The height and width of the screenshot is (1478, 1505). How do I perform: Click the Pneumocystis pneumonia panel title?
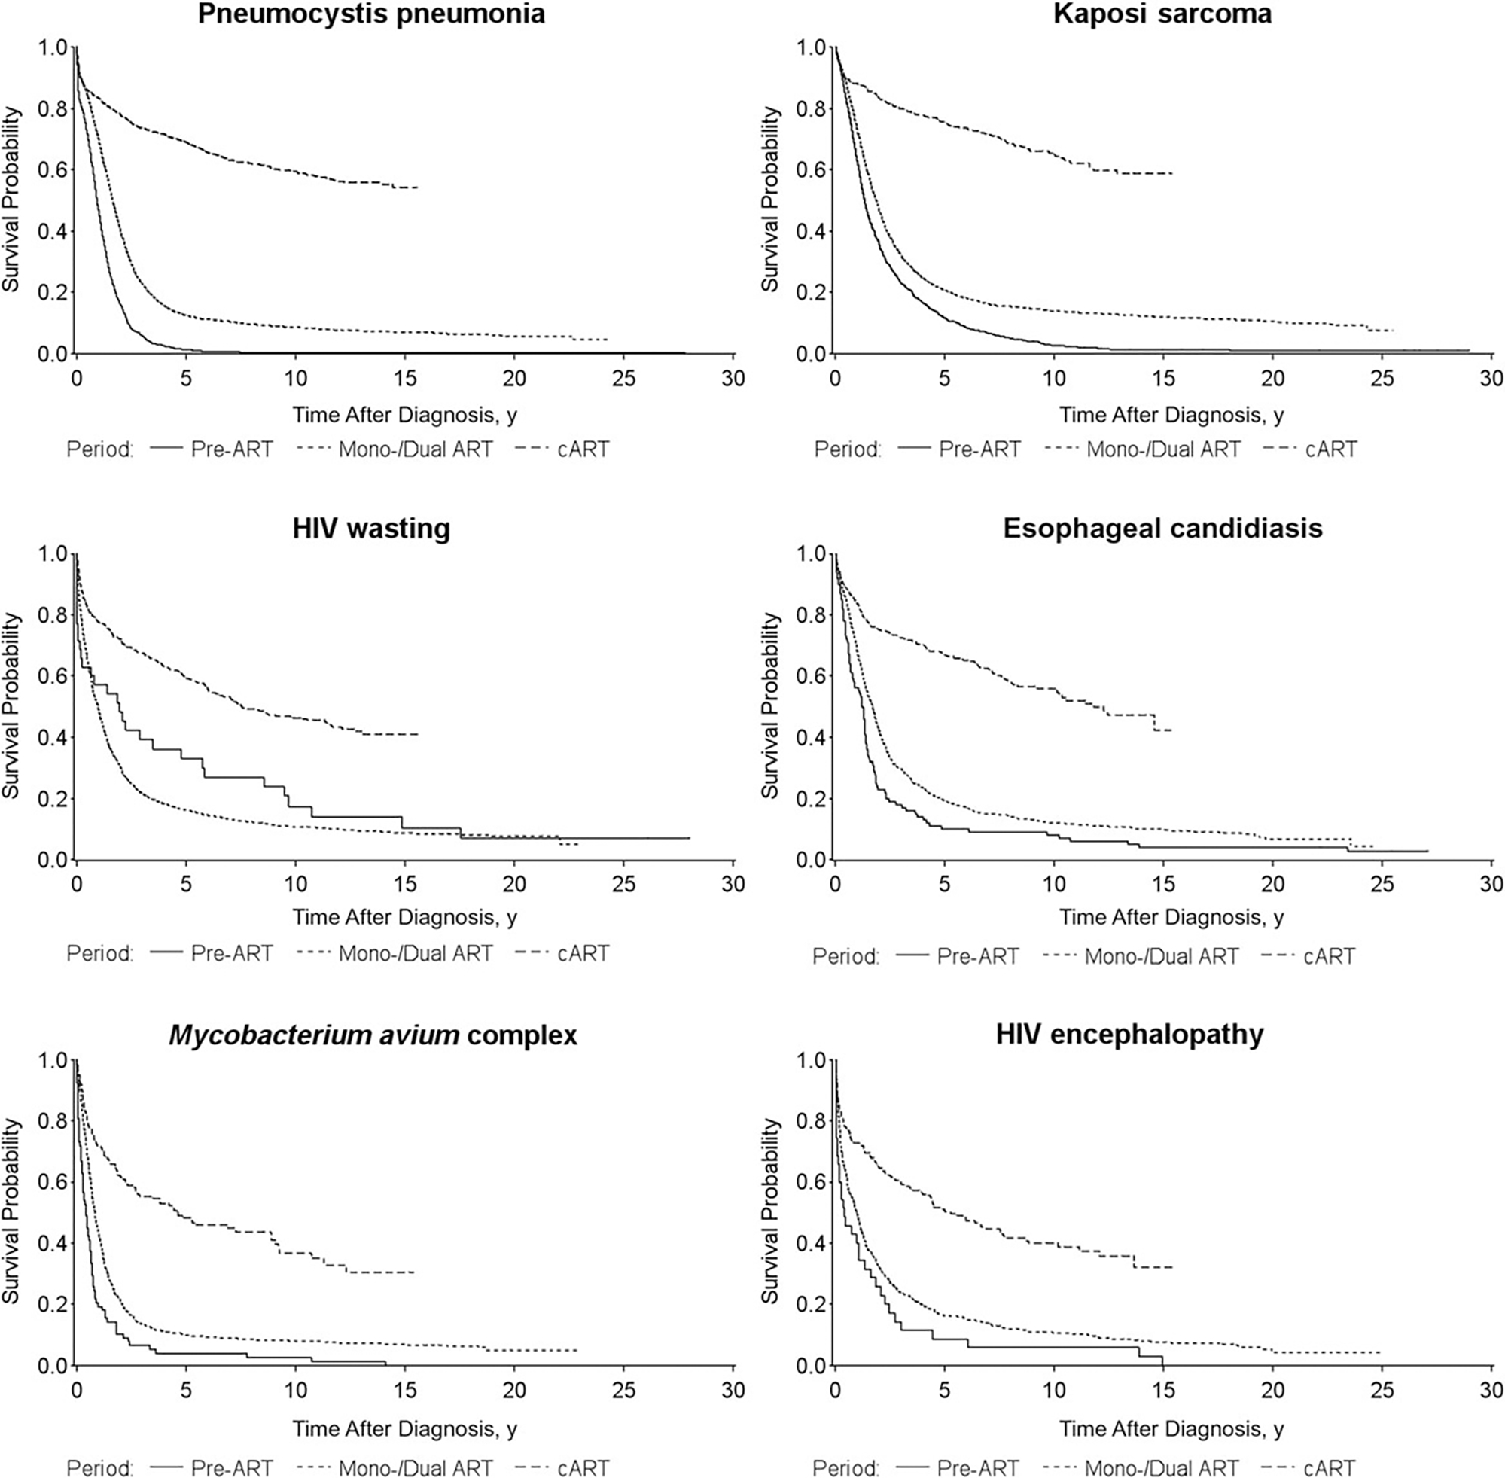371,14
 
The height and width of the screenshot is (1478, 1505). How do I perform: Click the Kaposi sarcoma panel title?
1162,14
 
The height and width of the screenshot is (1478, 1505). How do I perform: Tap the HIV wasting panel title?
371,529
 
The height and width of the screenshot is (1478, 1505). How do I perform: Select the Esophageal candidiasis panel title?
1162,529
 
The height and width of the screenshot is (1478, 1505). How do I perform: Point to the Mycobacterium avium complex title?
373,1035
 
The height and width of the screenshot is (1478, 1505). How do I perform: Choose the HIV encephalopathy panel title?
1129,1034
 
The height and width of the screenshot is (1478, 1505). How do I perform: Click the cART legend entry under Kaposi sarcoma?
1330,449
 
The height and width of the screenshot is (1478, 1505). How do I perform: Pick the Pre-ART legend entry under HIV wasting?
231,953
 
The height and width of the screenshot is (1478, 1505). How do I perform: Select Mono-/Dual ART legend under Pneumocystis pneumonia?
416,449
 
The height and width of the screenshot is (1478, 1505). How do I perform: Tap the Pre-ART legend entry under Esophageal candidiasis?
977,956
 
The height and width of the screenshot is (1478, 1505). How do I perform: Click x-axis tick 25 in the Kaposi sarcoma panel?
1382,379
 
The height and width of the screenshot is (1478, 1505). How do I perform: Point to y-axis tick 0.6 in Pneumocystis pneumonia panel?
53,170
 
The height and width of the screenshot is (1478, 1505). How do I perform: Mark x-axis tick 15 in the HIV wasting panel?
404,884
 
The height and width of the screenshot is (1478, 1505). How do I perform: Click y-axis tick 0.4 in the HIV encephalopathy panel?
812,1244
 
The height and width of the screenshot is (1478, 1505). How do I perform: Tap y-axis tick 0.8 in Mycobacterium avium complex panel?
53,1121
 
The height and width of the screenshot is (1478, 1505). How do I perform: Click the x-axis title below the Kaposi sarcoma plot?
1171,416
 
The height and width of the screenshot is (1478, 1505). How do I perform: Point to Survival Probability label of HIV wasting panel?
11,705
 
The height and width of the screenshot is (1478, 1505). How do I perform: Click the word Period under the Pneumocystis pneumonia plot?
100,449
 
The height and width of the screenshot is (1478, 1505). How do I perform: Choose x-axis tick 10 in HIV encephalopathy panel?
1054,1390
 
